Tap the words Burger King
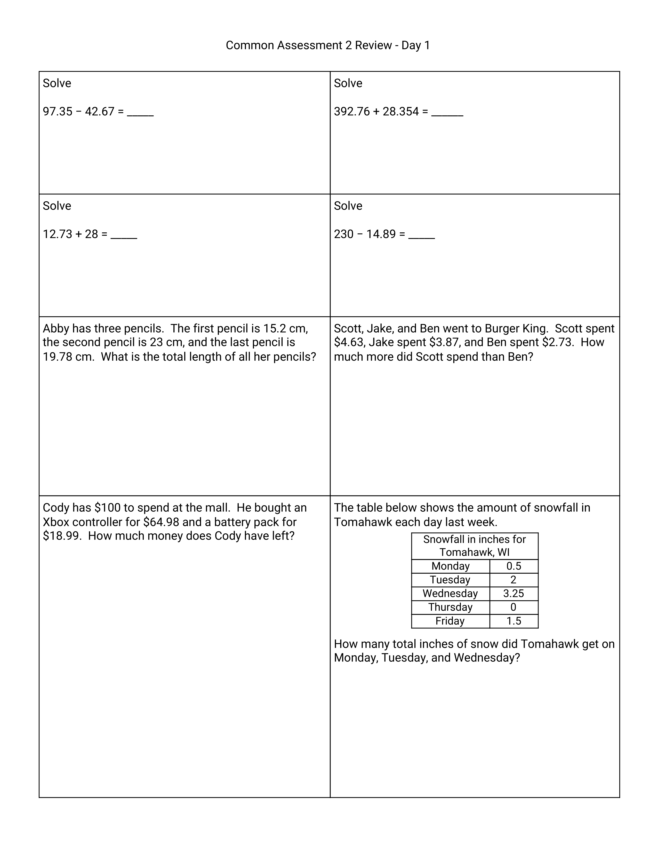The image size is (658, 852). click(517, 328)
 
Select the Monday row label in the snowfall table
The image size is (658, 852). click(450, 566)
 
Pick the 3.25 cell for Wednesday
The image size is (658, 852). click(513, 593)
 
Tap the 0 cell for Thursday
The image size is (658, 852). click(513, 607)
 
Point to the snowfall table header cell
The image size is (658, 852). click(474, 546)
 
